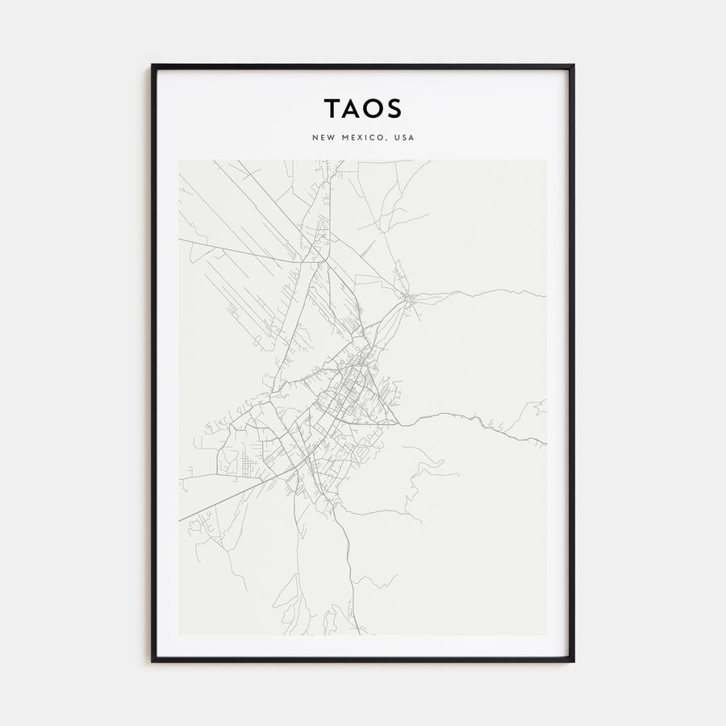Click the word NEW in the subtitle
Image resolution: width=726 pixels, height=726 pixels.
pyautogui.click(x=322, y=138)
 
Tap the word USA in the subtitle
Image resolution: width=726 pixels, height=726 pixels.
pyautogui.click(x=403, y=138)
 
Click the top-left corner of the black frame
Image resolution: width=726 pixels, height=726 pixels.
pyautogui.click(x=152, y=65)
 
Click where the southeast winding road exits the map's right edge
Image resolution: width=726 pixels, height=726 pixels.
pyautogui.click(x=546, y=442)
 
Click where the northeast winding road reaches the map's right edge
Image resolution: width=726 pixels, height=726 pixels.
pyautogui.click(x=546, y=295)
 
